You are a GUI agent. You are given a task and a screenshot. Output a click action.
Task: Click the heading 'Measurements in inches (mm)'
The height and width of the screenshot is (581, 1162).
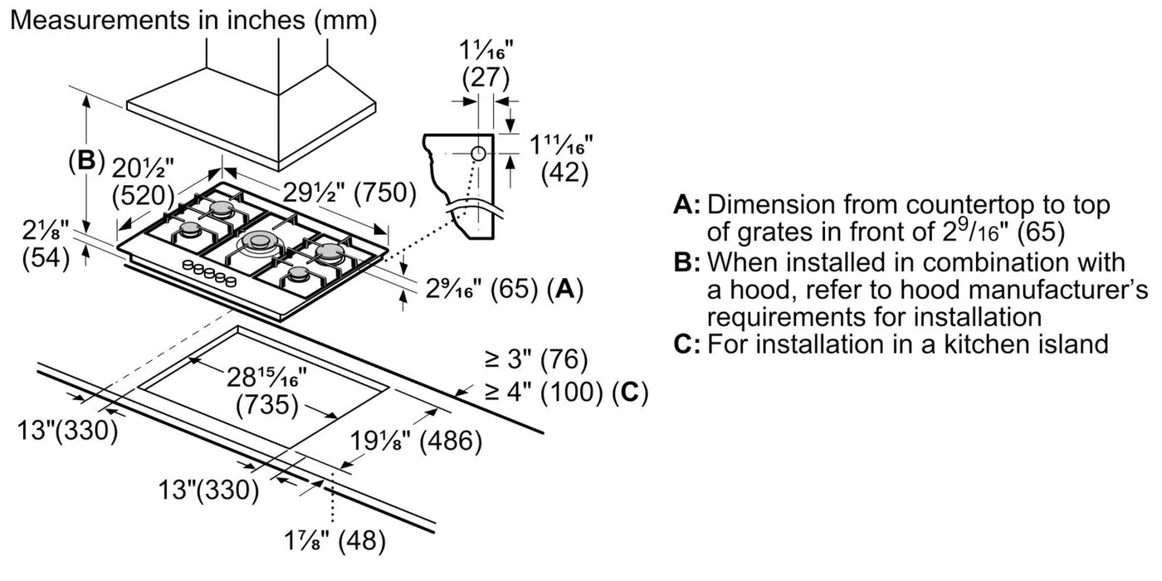pyautogui.click(x=193, y=21)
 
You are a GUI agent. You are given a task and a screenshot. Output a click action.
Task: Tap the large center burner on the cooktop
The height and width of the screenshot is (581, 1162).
pyautogui.click(x=260, y=242)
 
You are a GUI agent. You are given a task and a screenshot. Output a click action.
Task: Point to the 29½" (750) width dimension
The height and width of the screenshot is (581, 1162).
pyautogui.click(x=336, y=193)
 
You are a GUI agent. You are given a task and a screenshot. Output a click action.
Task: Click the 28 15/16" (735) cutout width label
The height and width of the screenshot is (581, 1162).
pyautogui.click(x=266, y=391)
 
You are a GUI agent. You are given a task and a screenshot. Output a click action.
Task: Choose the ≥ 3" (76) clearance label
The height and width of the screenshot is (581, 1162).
pyautogui.click(x=536, y=360)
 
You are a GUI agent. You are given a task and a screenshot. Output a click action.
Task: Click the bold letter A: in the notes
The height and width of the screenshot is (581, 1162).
pyautogui.click(x=687, y=205)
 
